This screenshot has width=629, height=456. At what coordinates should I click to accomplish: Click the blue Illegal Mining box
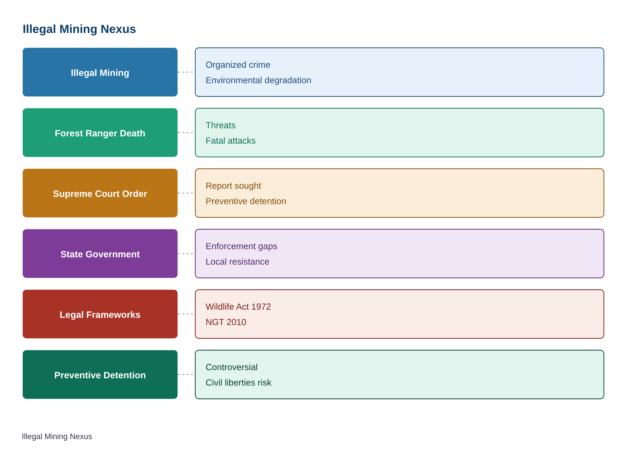pyautogui.click(x=100, y=72)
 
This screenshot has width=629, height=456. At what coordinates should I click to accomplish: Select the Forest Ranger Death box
pyautogui.click(x=100, y=132)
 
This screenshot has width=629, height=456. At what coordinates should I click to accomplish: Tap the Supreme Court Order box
pyautogui.click(x=100, y=193)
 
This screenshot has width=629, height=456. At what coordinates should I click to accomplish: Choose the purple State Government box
pyautogui.click(x=100, y=253)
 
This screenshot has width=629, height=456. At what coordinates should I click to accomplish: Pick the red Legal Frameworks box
pyautogui.click(x=100, y=314)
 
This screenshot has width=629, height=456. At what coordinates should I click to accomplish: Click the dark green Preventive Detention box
pyautogui.click(x=100, y=374)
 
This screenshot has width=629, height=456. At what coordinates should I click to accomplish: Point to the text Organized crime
pyautogui.click(x=238, y=65)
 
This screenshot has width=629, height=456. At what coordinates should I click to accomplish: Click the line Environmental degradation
pyautogui.click(x=258, y=80)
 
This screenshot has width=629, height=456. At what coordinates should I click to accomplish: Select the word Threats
pyautogui.click(x=220, y=125)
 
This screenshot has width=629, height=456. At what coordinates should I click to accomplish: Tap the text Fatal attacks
pyautogui.click(x=230, y=141)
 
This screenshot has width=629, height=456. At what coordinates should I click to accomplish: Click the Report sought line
pyautogui.click(x=233, y=186)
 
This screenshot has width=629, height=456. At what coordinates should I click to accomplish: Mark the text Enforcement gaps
pyautogui.click(x=241, y=246)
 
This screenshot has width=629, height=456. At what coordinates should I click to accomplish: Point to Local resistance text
pyautogui.click(x=237, y=262)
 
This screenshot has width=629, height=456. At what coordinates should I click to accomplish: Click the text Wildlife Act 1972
pyautogui.click(x=238, y=307)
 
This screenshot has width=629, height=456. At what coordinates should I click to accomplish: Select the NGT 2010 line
pyautogui.click(x=226, y=322)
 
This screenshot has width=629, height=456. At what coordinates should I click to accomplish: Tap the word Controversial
pyautogui.click(x=232, y=367)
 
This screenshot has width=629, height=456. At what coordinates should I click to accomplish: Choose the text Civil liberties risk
pyautogui.click(x=239, y=383)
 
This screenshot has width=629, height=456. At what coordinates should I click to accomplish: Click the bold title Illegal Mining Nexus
pyautogui.click(x=79, y=29)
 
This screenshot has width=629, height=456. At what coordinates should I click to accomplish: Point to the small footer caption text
pyautogui.click(x=57, y=436)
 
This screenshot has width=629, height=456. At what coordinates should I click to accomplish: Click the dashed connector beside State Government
pyautogui.click(x=185, y=253)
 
